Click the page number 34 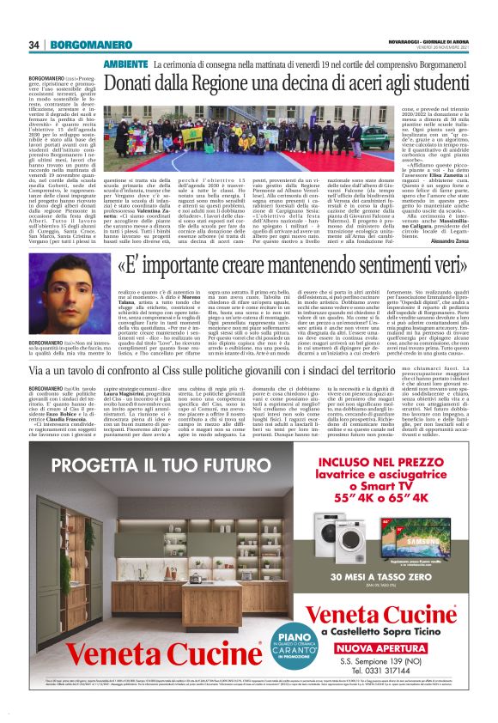35,45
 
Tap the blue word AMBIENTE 125,64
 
